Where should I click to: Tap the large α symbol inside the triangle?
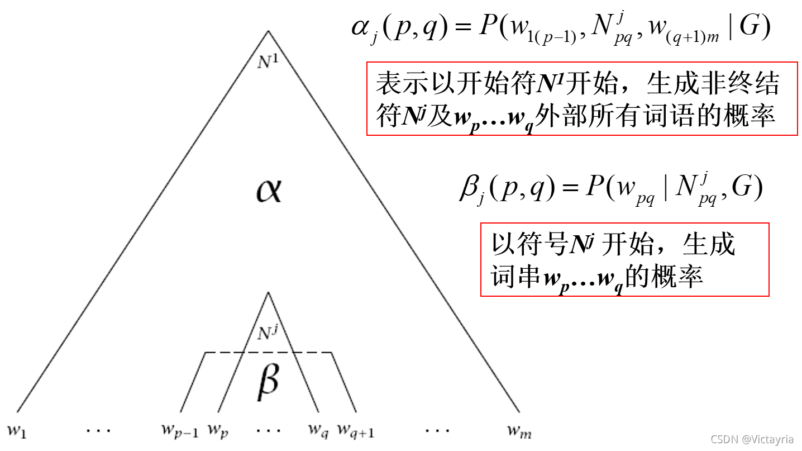click(x=269, y=192)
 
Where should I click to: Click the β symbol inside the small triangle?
click(x=268, y=381)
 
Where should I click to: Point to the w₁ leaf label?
click(x=17, y=431)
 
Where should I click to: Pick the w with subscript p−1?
click(x=180, y=431)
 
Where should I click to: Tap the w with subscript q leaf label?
click(x=318, y=431)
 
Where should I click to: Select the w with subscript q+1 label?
click(x=356, y=431)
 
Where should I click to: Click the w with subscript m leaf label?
click(x=519, y=431)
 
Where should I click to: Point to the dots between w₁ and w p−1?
click(x=99, y=431)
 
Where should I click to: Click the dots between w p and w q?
click(x=269, y=431)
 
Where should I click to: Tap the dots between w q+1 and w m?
click(x=437, y=431)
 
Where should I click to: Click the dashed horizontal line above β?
click(x=269, y=353)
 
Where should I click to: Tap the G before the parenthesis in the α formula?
click(x=751, y=28)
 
